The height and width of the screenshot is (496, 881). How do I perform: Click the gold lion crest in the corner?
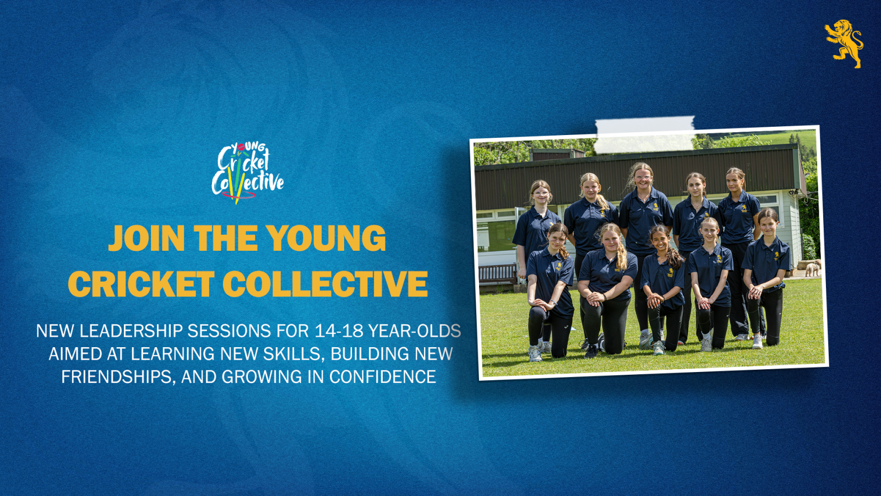(x=844, y=44)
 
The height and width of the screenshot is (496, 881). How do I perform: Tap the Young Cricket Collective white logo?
(x=247, y=173)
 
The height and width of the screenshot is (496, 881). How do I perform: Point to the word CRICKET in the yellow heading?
(x=141, y=284)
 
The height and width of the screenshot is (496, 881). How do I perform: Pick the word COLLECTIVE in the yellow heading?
(x=325, y=284)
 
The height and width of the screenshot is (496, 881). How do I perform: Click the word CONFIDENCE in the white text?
(x=383, y=377)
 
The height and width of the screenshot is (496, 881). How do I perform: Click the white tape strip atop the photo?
(x=645, y=134)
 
